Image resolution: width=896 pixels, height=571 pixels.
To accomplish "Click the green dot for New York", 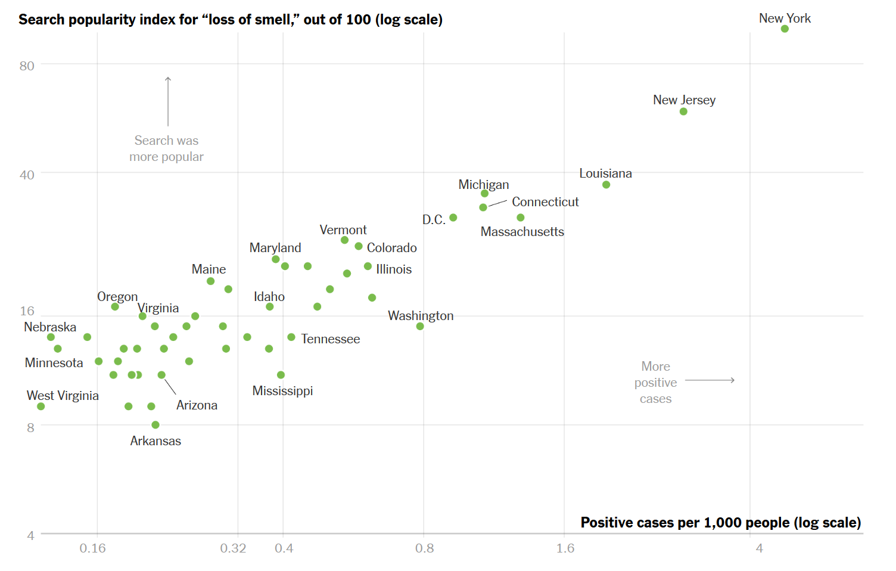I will click(785, 29).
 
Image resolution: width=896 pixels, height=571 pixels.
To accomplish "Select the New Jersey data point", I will click(683, 111).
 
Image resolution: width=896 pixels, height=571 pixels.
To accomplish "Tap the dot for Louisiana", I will click(606, 185).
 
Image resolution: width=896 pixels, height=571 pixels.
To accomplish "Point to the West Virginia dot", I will click(41, 406).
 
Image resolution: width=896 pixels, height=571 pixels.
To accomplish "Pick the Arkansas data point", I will click(155, 425).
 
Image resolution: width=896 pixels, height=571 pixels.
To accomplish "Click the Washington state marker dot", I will click(420, 326).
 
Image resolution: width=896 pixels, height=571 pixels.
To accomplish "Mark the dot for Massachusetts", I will click(520, 218).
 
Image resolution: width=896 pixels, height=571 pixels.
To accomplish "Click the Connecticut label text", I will click(545, 202).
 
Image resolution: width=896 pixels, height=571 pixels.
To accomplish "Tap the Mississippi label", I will click(282, 391).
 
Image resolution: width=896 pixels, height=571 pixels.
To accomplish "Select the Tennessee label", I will click(331, 339).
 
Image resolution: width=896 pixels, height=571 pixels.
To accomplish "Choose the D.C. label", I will click(434, 220).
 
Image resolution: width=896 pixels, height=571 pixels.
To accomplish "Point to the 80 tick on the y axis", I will click(27, 66).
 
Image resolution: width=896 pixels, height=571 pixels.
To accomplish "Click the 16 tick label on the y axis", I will click(27, 311).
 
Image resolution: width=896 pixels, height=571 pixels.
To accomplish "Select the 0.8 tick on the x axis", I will click(424, 548).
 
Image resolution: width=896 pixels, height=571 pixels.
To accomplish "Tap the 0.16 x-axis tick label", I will click(92, 548).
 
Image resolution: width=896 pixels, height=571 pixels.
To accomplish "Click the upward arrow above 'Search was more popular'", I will click(168, 101).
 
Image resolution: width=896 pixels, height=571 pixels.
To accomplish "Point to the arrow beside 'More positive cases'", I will click(710, 380).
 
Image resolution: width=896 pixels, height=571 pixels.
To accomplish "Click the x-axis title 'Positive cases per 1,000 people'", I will click(721, 523).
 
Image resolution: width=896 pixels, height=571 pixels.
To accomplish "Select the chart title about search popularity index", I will click(231, 20).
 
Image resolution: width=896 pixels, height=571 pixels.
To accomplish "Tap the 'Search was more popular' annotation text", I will click(167, 149).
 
